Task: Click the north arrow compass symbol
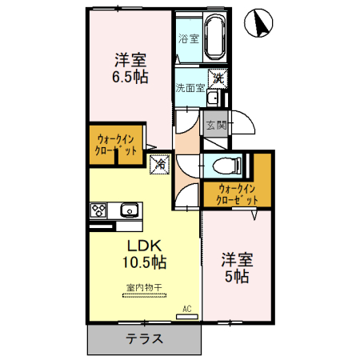[x=260, y=23]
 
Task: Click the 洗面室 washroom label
[x=190, y=87]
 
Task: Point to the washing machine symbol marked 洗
[x=218, y=79]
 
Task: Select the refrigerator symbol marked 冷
[x=159, y=163]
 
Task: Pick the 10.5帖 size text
[x=144, y=262]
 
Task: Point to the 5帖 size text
[x=236, y=277]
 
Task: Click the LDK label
[x=144, y=244]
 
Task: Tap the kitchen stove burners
[x=99, y=211]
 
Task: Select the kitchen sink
[x=128, y=211]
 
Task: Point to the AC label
[x=186, y=308]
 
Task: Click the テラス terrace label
[x=145, y=338]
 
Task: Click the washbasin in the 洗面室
[x=213, y=98]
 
